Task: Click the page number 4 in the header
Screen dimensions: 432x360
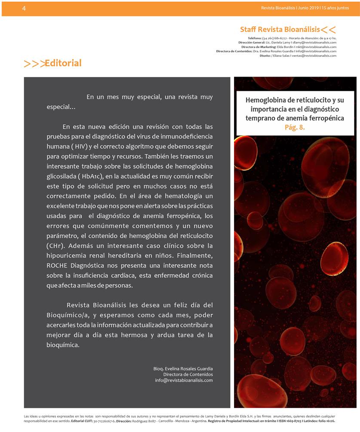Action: [x=24, y=8]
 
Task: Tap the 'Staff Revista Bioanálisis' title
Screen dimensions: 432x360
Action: [x=280, y=29]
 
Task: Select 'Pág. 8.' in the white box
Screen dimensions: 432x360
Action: [x=295, y=127]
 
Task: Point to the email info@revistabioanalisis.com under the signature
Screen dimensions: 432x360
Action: [x=184, y=380]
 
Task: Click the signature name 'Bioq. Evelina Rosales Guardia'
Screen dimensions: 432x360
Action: [x=183, y=369]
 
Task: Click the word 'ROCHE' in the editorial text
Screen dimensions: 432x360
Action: [x=57, y=265]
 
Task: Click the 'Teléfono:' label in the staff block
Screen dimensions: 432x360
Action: [x=256, y=38]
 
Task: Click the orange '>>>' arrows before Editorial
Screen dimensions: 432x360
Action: [x=34, y=64]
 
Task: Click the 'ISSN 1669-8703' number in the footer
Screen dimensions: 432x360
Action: [x=291, y=420]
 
